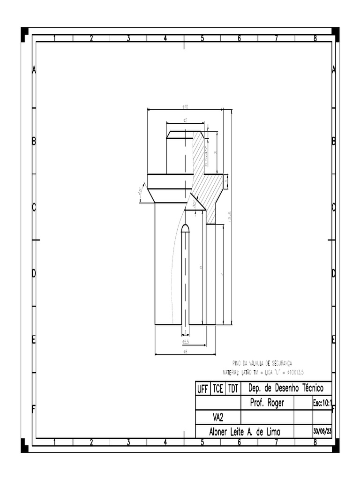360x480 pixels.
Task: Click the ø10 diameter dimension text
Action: tap(185, 107)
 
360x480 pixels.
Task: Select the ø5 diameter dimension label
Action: tap(185, 120)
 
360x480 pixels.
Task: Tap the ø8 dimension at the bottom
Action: tap(185, 352)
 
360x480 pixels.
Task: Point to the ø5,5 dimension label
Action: tap(186, 342)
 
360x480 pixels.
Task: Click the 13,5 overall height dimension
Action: tap(230, 216)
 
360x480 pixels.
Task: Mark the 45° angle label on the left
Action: tap(140, 191)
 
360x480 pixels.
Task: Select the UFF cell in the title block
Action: tap(202, 389)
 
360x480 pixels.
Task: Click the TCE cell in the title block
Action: tap(218, 389)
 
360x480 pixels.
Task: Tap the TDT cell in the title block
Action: tap(233, 389)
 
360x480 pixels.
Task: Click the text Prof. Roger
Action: tap(267, 403)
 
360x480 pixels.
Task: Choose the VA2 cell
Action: tap(217, 417)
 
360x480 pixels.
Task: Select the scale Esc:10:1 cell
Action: tap(322, 403)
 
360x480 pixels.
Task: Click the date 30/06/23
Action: tap(322, 431)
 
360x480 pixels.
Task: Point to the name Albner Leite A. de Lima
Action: tap(244, 432)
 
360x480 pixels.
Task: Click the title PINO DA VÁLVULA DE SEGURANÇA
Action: tap(262, 363)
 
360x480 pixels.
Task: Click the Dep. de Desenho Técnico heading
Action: tap(285, 389)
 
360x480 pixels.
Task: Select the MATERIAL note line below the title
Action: tap(263, 372)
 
